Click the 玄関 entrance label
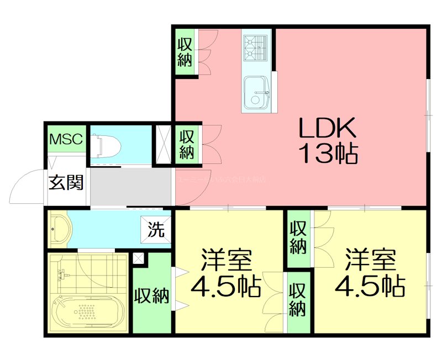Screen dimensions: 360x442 (66, 182)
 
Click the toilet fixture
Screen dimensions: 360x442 (108, 146)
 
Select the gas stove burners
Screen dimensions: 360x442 (256, 45)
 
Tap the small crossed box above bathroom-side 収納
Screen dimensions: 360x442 (138, 258)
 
